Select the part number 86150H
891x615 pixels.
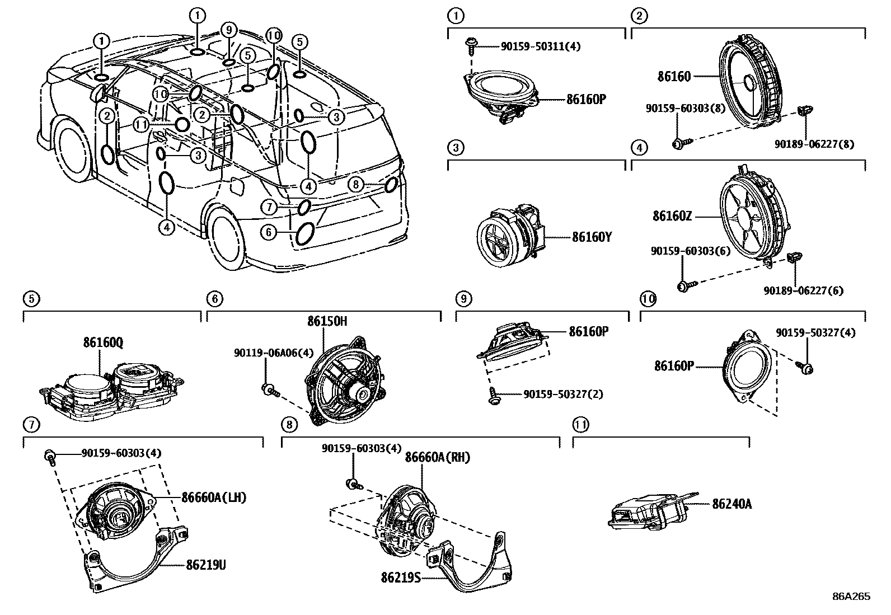[x=327, y=321]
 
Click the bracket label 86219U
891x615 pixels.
[x=206, y=565]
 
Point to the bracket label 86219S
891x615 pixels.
[x=401, y=575]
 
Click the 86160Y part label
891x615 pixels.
[x=592, y=237]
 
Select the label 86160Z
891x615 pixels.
[x=672, y=216]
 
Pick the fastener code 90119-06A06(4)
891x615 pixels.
[x=274, y=353]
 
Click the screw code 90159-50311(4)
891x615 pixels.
[x=540, y=46]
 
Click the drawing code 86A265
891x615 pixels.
[x=851, y=597]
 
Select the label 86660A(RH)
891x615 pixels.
[x=437, y=458]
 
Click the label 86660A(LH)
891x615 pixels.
[x=213, y=497]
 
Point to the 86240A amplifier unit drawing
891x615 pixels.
[x=649, y=509]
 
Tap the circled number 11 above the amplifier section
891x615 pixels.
[x=580, y=425]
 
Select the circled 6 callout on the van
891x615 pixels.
[x=269, y=231]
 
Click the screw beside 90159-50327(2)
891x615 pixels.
[x=494, y=396]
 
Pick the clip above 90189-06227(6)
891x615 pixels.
[x=792, y=258]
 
